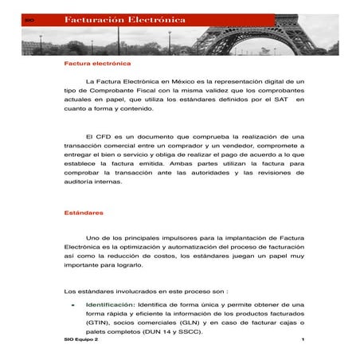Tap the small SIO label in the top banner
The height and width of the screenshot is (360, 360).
(x=30, y=18)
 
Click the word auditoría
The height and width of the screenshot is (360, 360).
(x=83, y=181)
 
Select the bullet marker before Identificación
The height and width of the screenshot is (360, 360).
(x=73, y=305)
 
